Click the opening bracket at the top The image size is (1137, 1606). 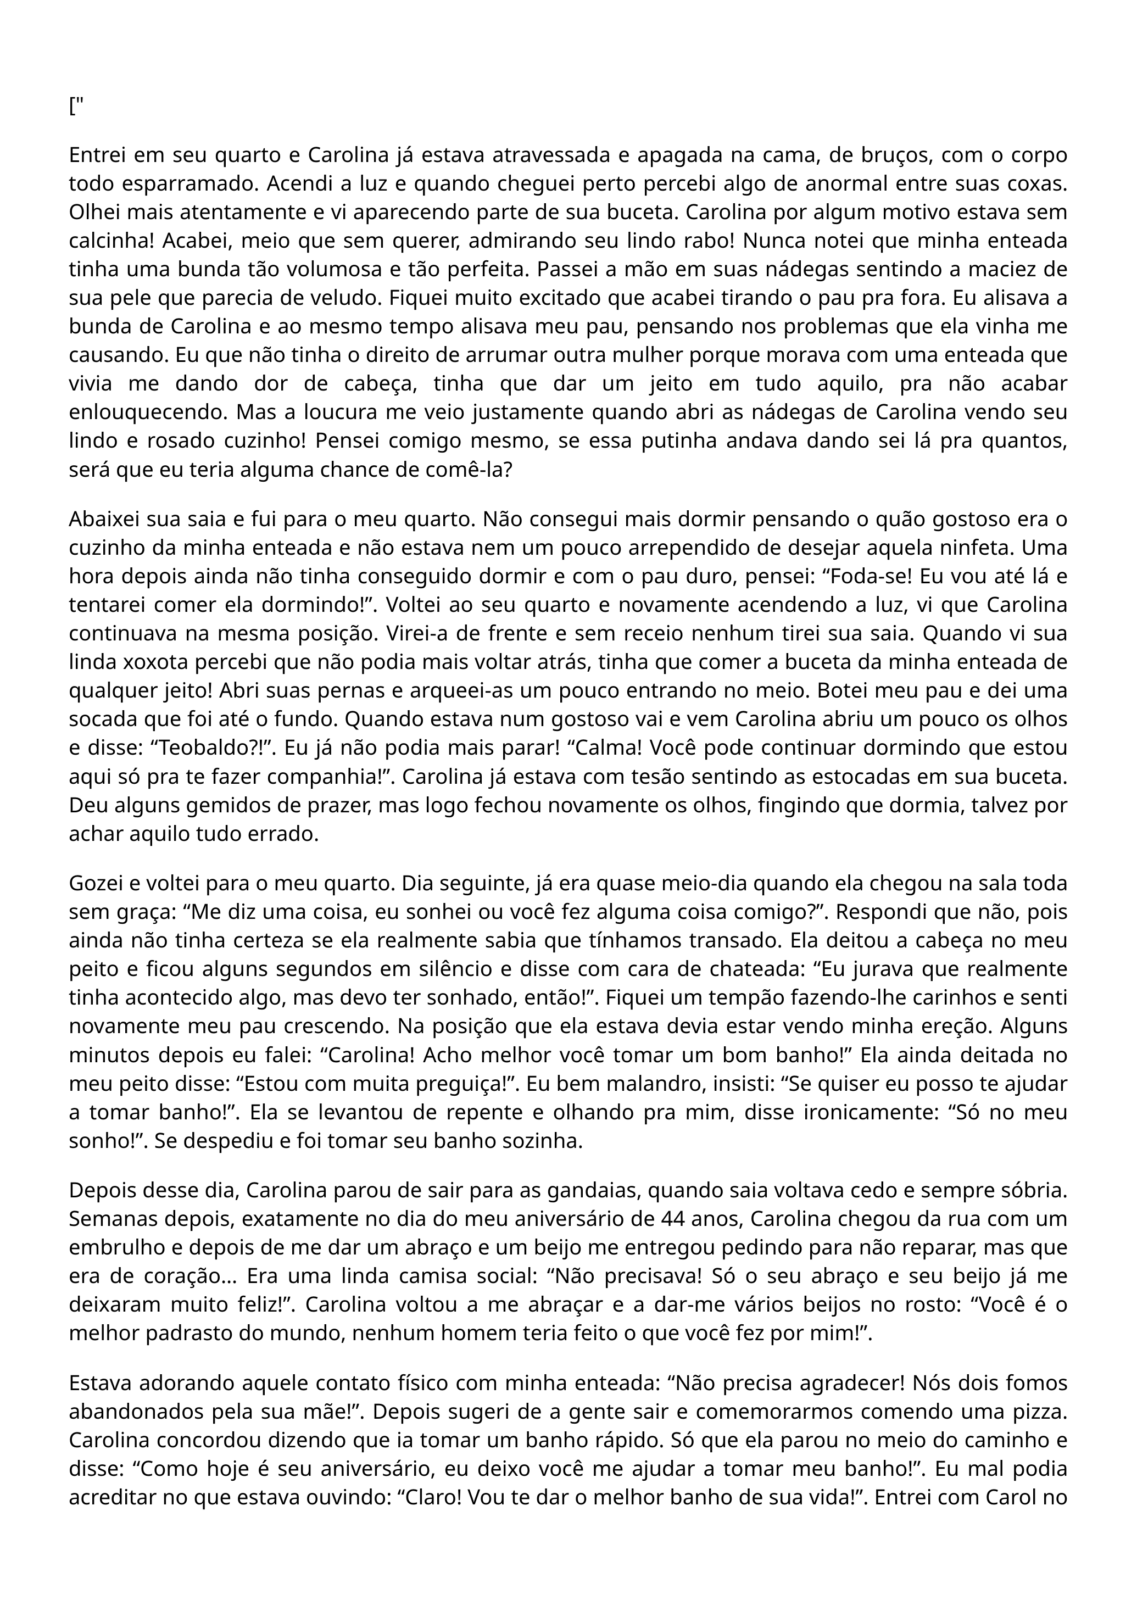tap(72, 107)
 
